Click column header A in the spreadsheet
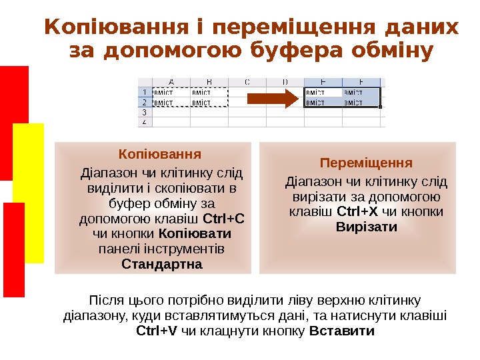tap(171, 82)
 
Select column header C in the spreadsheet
tap(247, 82)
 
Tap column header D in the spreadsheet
tap(285, 82)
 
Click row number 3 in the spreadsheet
tap(144, 113)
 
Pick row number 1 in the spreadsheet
tap(144, 92)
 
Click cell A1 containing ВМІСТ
tap(171, 93)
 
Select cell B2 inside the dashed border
tap(209, 103)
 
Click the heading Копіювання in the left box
tap(159, 155)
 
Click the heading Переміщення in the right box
tap(366, 163)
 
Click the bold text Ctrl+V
tap(157, 331)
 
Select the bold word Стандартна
tap(162, 264)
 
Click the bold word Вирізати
tap(367, 227)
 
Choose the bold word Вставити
tap(343, 331)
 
